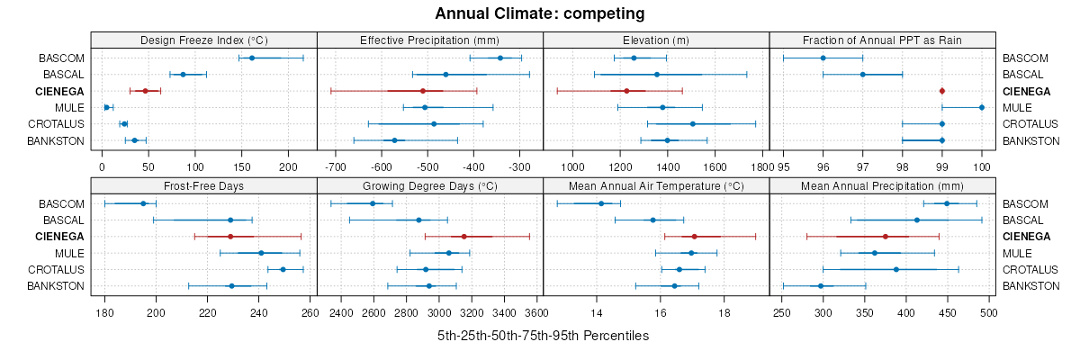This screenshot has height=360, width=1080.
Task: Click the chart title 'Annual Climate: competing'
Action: (x=540, y=13)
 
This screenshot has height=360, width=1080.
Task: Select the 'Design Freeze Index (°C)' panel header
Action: (x=204, y=40)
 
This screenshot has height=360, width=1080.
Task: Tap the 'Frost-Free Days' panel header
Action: (x=204, y=185)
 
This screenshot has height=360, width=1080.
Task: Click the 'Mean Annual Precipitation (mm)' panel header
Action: (x=882, y=185)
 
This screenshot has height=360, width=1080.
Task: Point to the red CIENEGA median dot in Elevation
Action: (x=626, y=91)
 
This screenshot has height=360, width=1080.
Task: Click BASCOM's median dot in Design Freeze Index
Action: (x=252, y=58)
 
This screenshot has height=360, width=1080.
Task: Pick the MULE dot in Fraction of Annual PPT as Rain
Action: (x=981, y=107)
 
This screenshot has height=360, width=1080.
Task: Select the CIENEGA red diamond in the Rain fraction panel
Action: (x=942, y=91)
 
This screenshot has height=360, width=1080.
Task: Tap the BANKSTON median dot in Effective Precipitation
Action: (x=394, y=140)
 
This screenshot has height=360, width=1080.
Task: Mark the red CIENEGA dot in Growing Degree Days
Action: (x=463, y=237)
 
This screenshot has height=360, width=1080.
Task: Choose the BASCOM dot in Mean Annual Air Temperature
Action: (x=601, y=203)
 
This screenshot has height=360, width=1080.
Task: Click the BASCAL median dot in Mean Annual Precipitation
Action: (x=917, y=220)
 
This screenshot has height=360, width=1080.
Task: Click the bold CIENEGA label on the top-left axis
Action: (x=61, y=91)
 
